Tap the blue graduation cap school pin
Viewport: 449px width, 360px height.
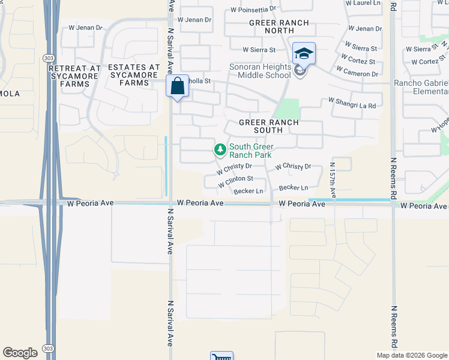304,53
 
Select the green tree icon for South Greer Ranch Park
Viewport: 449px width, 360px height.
220,149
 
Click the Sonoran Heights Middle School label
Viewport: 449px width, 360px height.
260,71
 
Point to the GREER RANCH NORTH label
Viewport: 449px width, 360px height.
279,27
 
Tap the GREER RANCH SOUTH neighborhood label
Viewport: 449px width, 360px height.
268,125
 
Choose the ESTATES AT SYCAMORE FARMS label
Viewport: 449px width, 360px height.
134,75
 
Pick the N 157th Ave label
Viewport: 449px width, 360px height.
333,175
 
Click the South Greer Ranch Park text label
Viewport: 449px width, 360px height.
251,151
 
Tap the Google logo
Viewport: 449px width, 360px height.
20,353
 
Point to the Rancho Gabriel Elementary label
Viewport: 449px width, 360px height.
421,87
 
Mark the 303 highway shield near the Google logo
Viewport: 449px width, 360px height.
48,349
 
